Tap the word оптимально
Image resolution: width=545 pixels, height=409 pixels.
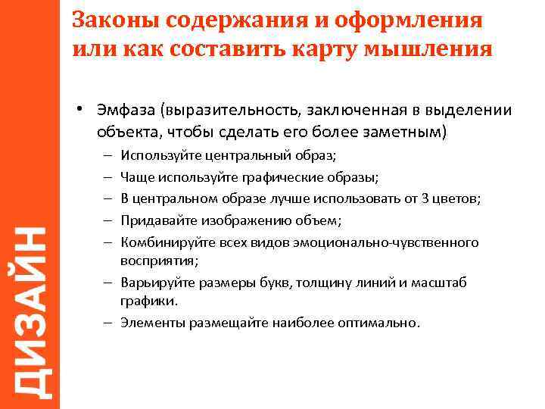381,322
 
